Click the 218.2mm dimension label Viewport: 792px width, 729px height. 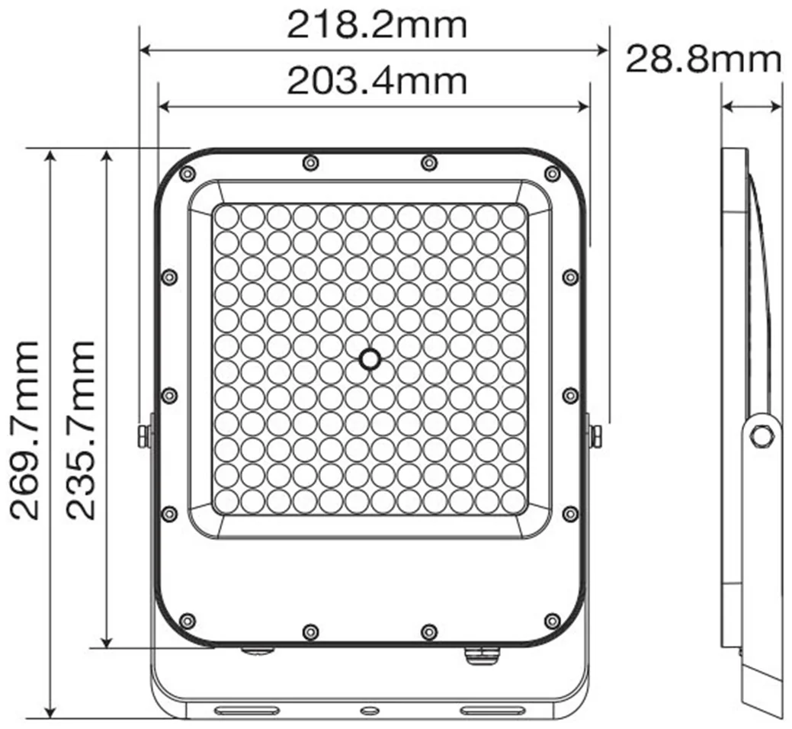(x=377, y=26)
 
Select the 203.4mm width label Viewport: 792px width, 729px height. (x=377, y=81)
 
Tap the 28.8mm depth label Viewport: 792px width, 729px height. (x=703, y=59)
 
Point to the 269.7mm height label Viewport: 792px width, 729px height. (x=24, y=430)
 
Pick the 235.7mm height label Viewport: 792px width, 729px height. (x=80, y=430)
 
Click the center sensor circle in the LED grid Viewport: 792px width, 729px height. (x=370, y=358)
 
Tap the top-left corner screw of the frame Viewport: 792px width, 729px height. (x=188, y=174)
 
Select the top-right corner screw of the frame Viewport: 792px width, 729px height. (x=553, y=174)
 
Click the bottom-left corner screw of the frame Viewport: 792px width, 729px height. (x=188, y=619)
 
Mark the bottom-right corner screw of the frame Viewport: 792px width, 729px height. (x=553, y=619)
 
